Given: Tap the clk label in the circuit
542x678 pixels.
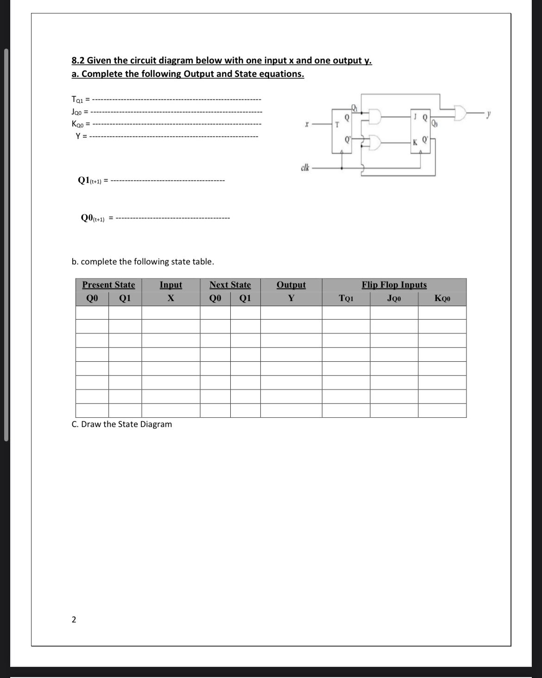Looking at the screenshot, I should (305, 167).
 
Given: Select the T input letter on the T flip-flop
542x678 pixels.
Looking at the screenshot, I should (337, 125).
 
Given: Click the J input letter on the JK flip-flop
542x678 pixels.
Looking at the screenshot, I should (417, 115).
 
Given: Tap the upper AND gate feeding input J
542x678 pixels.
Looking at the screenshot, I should (375, 117).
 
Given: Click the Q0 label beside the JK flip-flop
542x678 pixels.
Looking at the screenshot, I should (434, 123).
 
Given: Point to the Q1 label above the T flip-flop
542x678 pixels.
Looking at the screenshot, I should (355, 107).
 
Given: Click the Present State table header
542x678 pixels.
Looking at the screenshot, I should (108, 285).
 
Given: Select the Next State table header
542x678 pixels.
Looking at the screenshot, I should (230, 285).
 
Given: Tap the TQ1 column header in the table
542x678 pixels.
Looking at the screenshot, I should (346, 299).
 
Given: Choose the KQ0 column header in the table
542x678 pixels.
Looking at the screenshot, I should (442, 299).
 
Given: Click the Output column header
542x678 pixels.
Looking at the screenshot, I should (291, 285).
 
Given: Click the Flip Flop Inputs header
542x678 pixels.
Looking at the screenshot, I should (394, 285).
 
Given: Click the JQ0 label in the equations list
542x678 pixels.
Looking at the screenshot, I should (77, 112).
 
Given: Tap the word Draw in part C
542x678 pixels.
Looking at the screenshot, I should (91, 424).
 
